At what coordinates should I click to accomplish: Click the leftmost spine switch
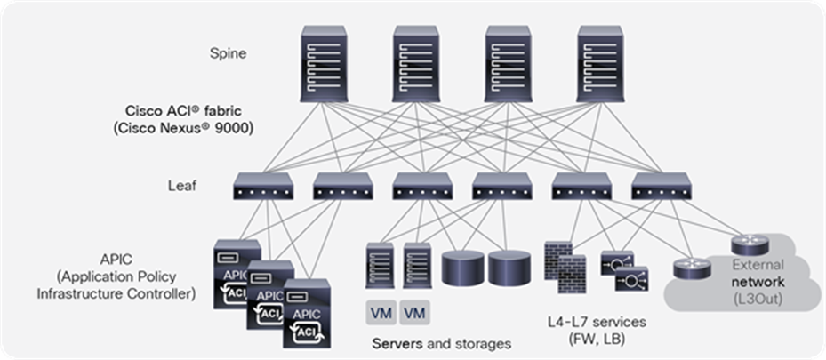[x=326, y=60]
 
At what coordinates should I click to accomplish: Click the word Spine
[x=229, y=53]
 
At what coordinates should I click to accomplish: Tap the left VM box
[x=380, y=313]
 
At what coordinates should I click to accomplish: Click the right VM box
[x=413, y=313]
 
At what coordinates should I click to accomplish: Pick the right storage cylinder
[x=509, y=267]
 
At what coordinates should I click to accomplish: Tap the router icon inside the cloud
[x=749, y=245]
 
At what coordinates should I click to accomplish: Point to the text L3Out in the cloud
[x=756, y=299]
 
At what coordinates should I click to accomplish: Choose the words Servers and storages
[x=441, y=342]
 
